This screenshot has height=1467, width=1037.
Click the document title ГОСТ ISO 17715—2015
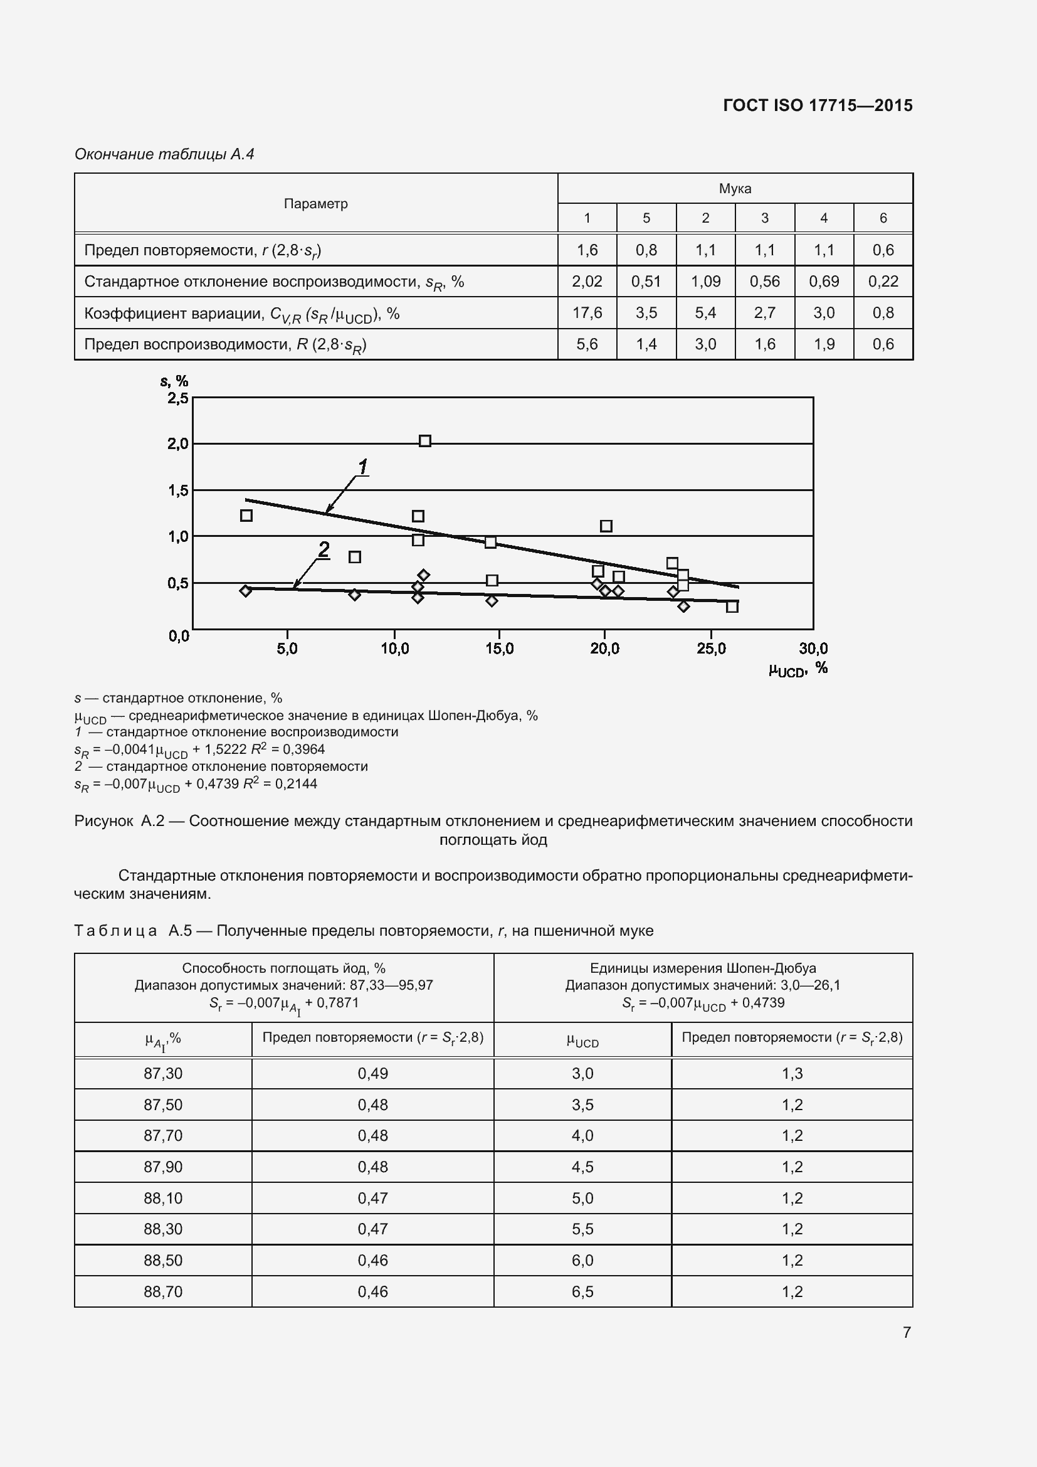[x=818, y=105]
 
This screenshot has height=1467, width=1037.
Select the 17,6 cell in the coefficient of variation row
[x=587, y=312]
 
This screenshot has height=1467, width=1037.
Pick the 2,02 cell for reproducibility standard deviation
[x=587, y=281]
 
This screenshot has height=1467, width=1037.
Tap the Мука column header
[x=735, y=189]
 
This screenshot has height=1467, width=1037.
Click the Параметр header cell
[x=315, y=204]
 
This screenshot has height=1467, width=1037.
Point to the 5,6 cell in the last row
[x=587, y=344]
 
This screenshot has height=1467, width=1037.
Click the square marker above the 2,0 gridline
[x=424, y=441]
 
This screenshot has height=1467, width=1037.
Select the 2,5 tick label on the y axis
[x=177, y=398]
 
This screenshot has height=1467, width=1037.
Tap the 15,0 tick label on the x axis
[x=499, y=649]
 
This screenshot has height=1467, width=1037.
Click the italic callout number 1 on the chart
[x=362, y=467]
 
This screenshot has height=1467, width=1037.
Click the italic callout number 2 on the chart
[x=324, y=549]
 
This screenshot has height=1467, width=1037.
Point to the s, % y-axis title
[x=174, y=381]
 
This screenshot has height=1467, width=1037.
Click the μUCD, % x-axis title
[x=797, y=669]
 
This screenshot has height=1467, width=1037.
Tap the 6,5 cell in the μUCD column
[x=582, y=1291]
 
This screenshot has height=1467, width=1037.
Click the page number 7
[x=906, y=1332]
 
